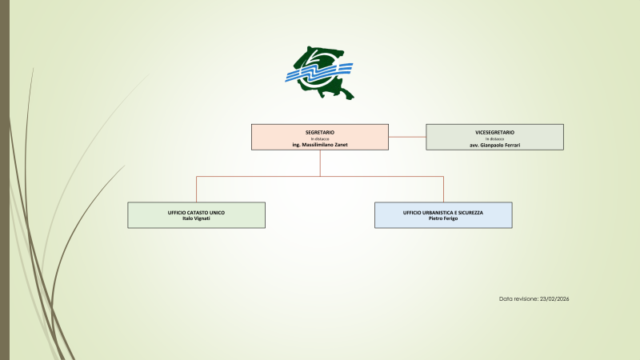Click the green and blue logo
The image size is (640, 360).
coord(320,74)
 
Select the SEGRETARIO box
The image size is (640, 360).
coord(320,137)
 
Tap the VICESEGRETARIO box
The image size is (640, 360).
coord(494,137)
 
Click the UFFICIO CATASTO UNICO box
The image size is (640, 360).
coord(196,215)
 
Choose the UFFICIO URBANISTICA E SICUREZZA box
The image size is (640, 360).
coord(443,215)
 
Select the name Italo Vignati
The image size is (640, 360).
coord(196,218)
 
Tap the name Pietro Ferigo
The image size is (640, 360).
coord(443,218)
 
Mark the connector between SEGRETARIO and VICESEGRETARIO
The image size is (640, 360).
coord(407,137)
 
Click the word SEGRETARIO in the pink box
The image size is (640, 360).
coord(320,130)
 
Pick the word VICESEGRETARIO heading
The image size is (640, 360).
coord(494,130)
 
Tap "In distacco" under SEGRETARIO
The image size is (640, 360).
coord(320,138)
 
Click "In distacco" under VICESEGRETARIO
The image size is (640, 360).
coord(494,138)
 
